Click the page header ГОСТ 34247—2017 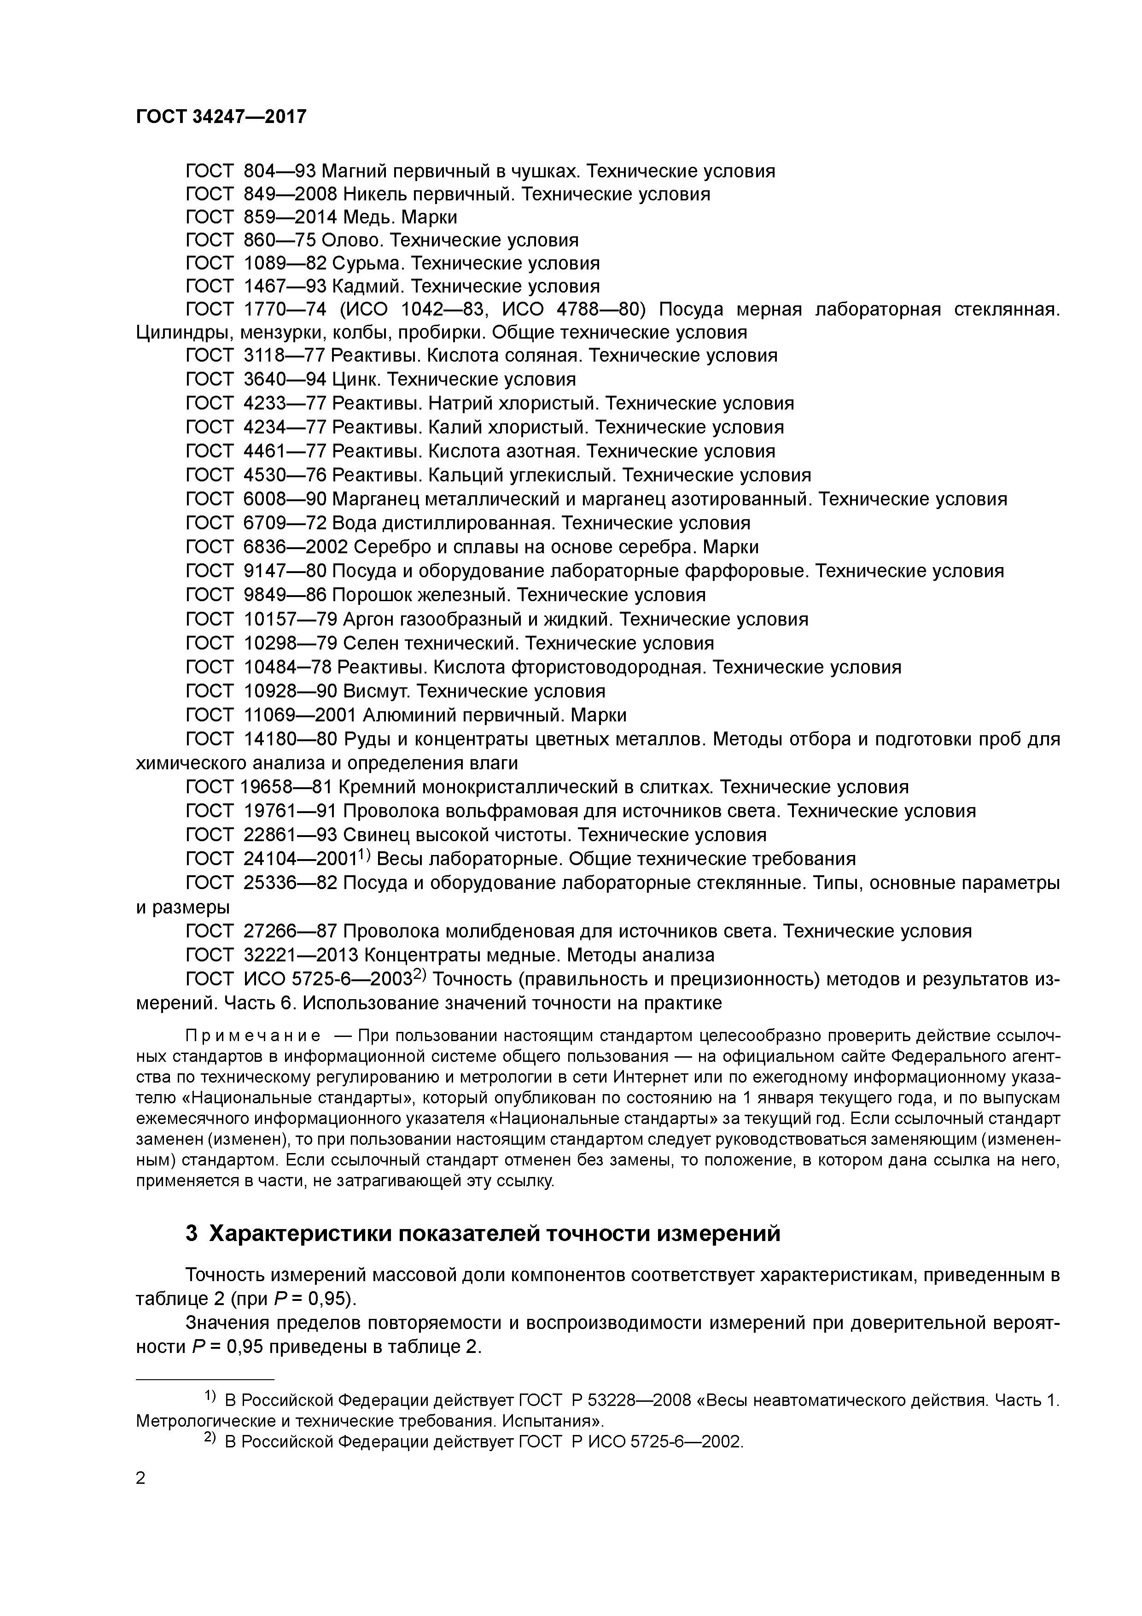pos(221,116)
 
